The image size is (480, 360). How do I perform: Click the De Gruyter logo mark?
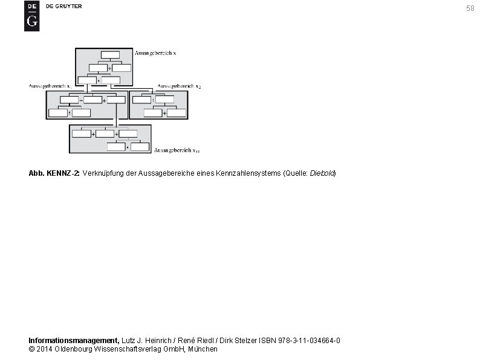pyautogui.click(x=31, y=16)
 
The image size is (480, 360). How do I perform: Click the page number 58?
pyautogui.click(x=470, y=8)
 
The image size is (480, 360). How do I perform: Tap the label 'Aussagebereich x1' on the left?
pyautogui.click(x=51, y=86)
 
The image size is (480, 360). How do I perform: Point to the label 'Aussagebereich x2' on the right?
pyautogui.click(x=179, y=86)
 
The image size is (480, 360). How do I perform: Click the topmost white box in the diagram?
pyautogui.click(x=110, y=54)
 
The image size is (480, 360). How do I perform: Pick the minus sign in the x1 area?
pyautogui.click(x=81, y=100)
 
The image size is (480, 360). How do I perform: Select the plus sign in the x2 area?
pyautogui.click(x=164, y=113)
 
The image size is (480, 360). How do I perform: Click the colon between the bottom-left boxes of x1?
pyautogui.click(x=70, y=113)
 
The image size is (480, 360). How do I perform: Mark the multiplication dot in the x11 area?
pyautogui.click(x=128, y=147)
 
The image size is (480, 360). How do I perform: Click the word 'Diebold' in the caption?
pyautogui.click(x=322, y=173)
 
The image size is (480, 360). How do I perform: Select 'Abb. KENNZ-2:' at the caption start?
pyautogui.click(x=54, y=173)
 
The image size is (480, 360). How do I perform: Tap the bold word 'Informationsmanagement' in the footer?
pyautogui.click(x=74, y=341)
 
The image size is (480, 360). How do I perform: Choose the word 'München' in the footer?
pyautogui.click(x=203, y=349)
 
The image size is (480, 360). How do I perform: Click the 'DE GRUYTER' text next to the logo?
pyautogui.click(x=64, y=6)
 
